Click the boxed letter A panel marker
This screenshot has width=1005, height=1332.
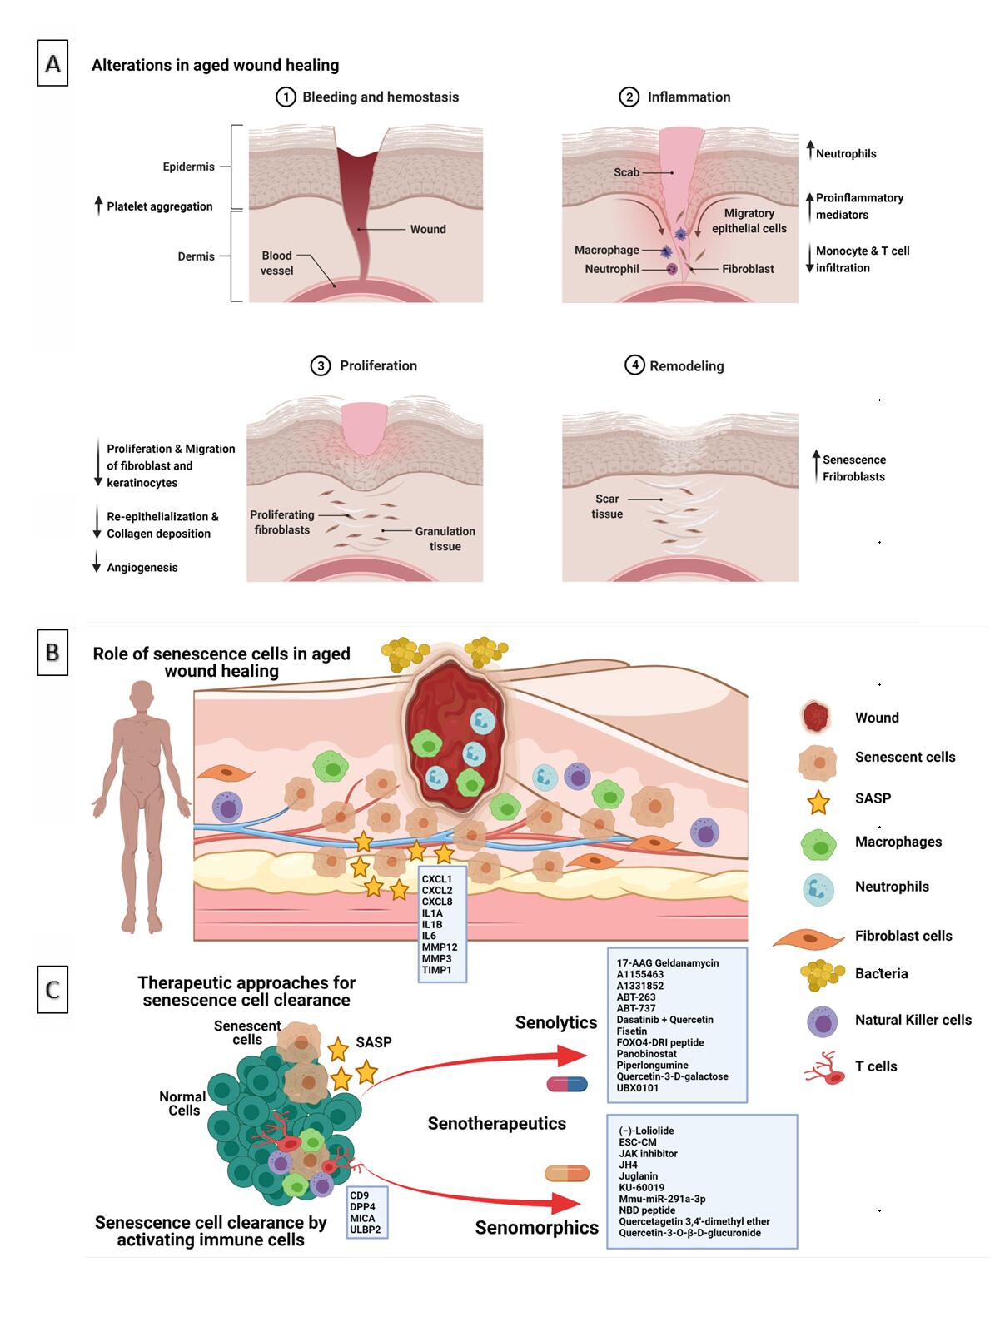click(x=52, y=64)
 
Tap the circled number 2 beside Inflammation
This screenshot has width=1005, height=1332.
click(x=629, y=97)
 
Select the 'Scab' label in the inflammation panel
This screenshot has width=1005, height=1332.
click(x=626, y=172)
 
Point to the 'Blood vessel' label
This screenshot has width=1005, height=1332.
click(x=276, y=263)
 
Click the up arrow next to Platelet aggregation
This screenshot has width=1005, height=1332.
click(x=98, y=206)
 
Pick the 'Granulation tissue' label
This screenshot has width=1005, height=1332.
click(x=445, y=539)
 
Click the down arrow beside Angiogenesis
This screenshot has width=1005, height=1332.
click(x=97, y=563)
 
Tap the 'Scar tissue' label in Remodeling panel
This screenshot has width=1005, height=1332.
click(x=607, y=506)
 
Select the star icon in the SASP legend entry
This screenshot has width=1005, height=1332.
click(x=818, y=802)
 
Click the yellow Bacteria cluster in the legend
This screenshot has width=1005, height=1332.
click(x=820, y=974)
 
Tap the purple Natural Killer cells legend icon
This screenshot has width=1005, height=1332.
click(x=822, y=1021)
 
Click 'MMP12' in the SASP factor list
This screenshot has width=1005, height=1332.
click(x=439, y=947)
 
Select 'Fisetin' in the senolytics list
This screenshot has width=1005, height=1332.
click(x=632, y=1031)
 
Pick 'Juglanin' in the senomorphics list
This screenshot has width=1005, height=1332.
click(x=638, y=1176)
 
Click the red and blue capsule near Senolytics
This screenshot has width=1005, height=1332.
click(x=567, y=1084)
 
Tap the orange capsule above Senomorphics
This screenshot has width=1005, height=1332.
click(x=566, y=1174)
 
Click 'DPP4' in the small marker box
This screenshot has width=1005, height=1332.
click(x=362, y=1207)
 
